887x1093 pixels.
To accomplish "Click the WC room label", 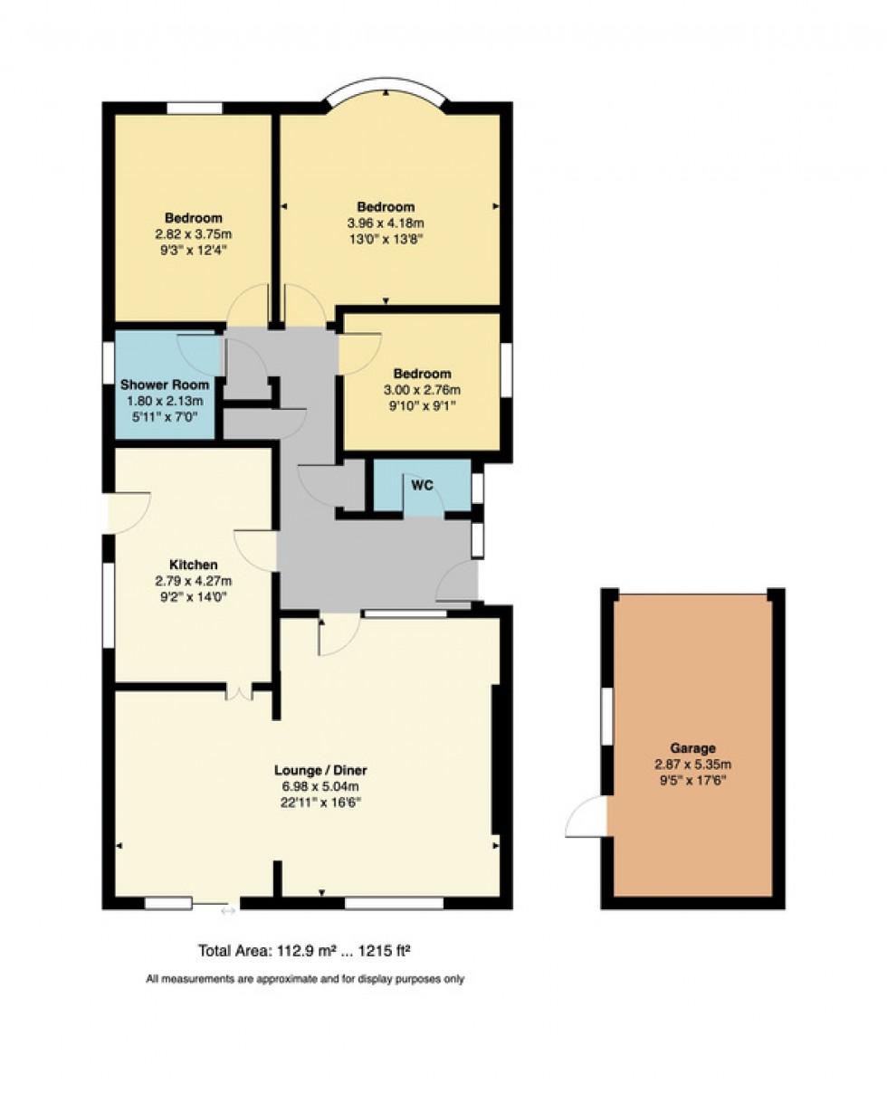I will coord(422,485).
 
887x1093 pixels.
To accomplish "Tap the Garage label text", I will coord(692,747).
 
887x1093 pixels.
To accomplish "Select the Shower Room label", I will coord(165,385).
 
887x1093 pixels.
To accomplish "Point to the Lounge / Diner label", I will coord(320,770).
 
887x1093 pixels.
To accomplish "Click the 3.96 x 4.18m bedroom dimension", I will coord(386,223).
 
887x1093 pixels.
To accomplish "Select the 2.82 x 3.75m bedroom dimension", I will coord(193,233).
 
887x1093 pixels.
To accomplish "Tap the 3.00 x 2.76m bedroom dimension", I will coord(422,390).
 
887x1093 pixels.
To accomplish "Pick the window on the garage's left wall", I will coord(606,716).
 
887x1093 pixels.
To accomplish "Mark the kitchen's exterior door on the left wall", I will coord(127,513).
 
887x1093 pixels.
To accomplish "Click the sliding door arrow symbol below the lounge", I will coord(228,910).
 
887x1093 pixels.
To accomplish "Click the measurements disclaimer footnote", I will coord(305,979).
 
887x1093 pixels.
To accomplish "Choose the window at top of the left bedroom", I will coord(195,108).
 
